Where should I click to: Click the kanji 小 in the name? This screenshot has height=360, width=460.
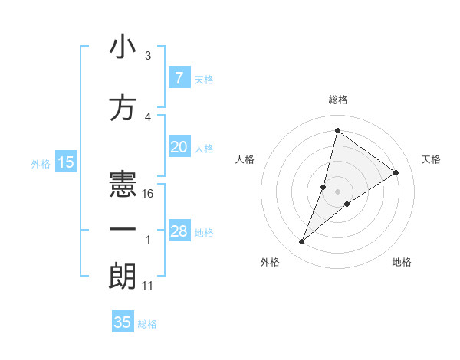123,48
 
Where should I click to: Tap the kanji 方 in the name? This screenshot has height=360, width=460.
123,108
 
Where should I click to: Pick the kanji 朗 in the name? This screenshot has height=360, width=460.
123,276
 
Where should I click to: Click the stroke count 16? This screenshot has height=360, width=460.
149,194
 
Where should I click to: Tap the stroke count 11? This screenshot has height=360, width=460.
149,286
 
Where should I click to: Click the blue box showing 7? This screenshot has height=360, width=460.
179,77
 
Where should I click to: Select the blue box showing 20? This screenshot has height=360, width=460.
179,148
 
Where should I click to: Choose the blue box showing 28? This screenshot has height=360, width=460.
179,231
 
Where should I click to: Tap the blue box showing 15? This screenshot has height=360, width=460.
65,162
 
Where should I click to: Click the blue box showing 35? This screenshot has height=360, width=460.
123,322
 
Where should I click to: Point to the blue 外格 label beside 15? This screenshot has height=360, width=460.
40,163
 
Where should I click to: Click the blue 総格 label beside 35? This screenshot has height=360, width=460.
147,324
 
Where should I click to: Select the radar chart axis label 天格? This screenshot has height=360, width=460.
431,159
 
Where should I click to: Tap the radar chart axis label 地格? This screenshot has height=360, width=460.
402,262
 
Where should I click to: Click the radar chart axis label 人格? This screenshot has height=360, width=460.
245,159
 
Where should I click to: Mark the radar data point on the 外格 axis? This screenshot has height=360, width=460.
302,242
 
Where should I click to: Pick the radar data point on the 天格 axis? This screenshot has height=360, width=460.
396,172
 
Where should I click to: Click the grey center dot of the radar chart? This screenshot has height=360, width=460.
337,191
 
